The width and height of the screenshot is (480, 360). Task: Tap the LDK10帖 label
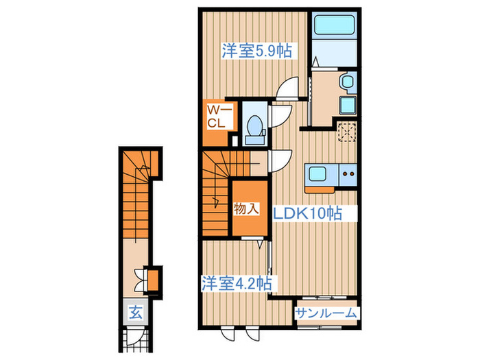307,213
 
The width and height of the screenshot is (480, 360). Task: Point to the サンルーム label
327,313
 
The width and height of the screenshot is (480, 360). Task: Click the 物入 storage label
246,208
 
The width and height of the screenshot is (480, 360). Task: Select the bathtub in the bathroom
333,31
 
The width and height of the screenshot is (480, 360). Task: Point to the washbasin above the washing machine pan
347,84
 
